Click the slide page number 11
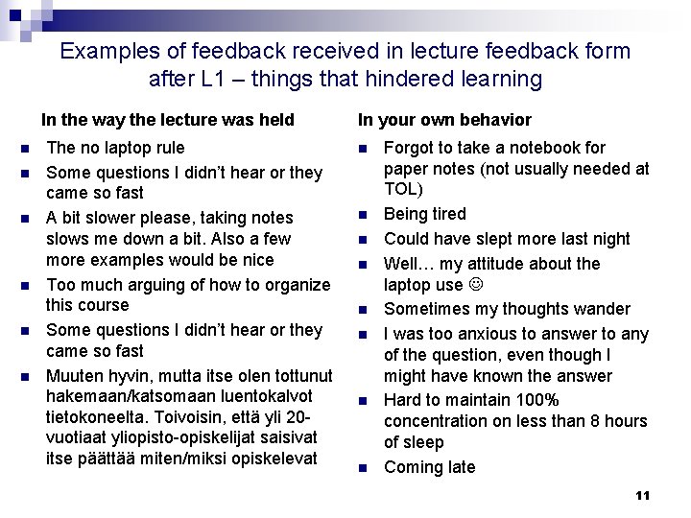pyautogui.click(x=643, y=495)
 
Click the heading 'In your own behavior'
pyautogui.click(x=444, y=120)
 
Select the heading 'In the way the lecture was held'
pyautogui.click(x=167, y=120)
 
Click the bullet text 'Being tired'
pyautogui.click(x=424, y=214)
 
